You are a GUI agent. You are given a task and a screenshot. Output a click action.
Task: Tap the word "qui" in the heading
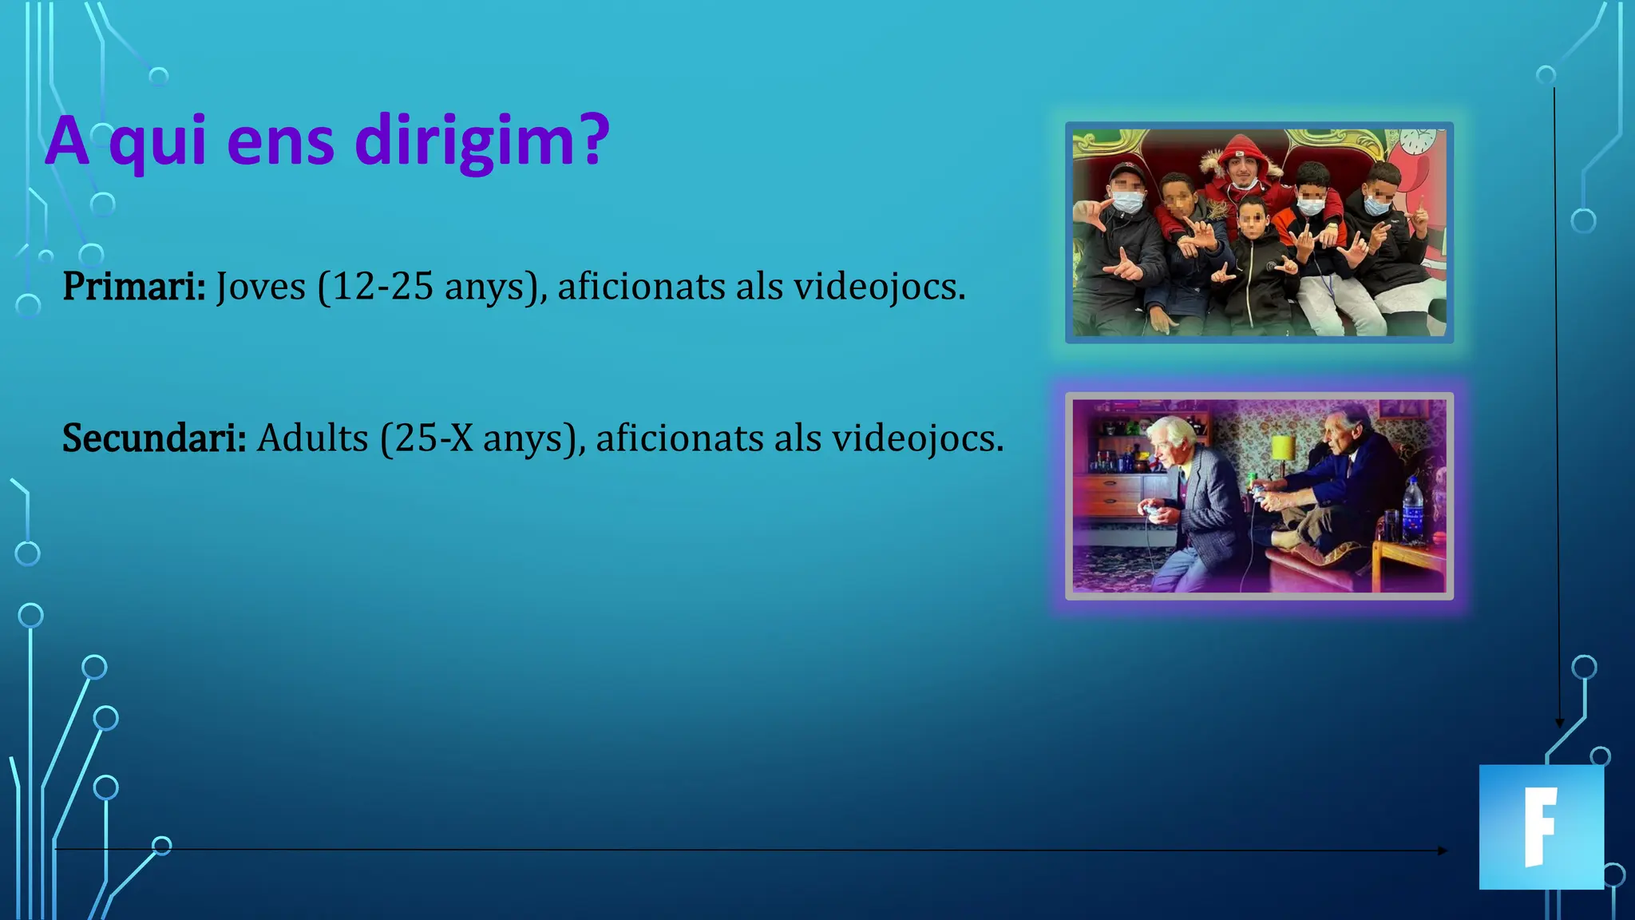click(x=158, y=142)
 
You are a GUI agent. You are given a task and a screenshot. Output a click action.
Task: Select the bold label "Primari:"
click(x=134, y=286)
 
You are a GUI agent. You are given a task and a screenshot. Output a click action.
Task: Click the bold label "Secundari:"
click(x=154, y=438)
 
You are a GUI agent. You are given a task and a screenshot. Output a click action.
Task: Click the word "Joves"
click(x=260, y=286)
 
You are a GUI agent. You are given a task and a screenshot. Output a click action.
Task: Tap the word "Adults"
click(x=312, y=438)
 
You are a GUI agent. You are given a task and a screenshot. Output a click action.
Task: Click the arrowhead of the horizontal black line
click(x=1443, y=851)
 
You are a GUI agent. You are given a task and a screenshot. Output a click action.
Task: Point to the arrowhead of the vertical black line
click(x=1560, y=722)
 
